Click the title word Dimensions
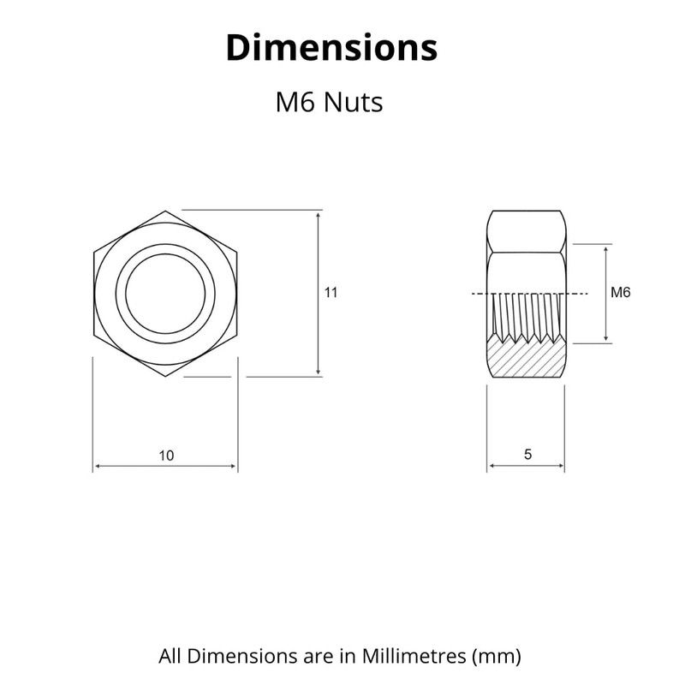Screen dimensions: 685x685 (331, 48)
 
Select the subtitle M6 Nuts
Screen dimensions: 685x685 (328, 103)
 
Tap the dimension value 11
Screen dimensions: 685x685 (331, 293)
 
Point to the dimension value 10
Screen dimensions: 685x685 (165, 456)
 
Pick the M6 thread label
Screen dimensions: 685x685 (621, 293)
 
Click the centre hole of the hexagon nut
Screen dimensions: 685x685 (165, 293)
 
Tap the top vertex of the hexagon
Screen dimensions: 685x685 (165, 211)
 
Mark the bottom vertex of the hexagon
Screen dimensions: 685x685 (165, 376)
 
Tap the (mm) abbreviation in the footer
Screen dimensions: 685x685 (497, 657)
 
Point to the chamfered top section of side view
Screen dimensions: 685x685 (526, 231)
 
